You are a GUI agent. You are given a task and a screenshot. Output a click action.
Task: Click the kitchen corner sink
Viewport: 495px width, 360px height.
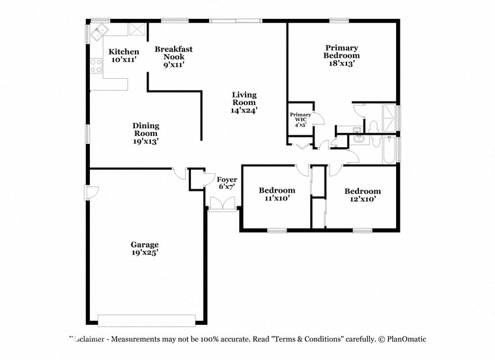point(100,30)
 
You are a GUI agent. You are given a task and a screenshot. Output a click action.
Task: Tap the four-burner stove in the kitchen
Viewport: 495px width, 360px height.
point(96,65)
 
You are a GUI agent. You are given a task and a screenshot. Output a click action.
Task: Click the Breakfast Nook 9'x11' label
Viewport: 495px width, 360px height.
point(173,57)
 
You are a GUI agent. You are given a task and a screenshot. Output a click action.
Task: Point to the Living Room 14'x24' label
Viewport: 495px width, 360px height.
point(244,102)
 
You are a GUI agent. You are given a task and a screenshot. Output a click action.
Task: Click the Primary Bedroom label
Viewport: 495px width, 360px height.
point(342,56)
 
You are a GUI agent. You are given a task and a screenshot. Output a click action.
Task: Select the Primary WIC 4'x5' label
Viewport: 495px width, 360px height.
point(301,120)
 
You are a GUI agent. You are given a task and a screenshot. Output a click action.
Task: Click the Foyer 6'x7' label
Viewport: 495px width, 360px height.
point(227,182)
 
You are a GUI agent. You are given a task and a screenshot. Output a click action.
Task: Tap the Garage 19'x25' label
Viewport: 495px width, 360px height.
point(144,249)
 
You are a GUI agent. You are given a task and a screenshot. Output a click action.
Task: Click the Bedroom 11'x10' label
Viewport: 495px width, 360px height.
point(277,194)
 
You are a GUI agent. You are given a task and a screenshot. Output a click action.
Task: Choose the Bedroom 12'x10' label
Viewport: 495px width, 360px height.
point(362,195)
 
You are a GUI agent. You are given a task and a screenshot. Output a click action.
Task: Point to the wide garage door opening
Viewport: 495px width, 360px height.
point(147,319)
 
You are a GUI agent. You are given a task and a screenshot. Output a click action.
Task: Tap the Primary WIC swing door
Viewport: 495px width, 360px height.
point(318,118)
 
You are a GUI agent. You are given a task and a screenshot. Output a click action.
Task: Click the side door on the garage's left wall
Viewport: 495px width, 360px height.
point(92,193)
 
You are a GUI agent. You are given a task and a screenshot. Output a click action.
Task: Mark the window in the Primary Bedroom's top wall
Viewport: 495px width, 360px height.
point(339,21)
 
